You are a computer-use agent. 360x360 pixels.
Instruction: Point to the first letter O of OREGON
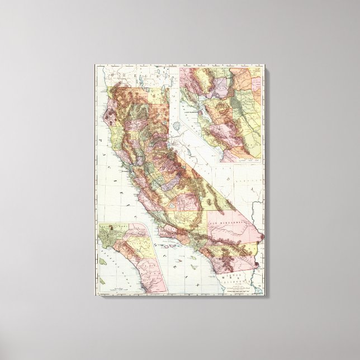[x=112, y=74]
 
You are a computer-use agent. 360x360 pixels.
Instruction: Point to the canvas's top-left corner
[x=94, y=65]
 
